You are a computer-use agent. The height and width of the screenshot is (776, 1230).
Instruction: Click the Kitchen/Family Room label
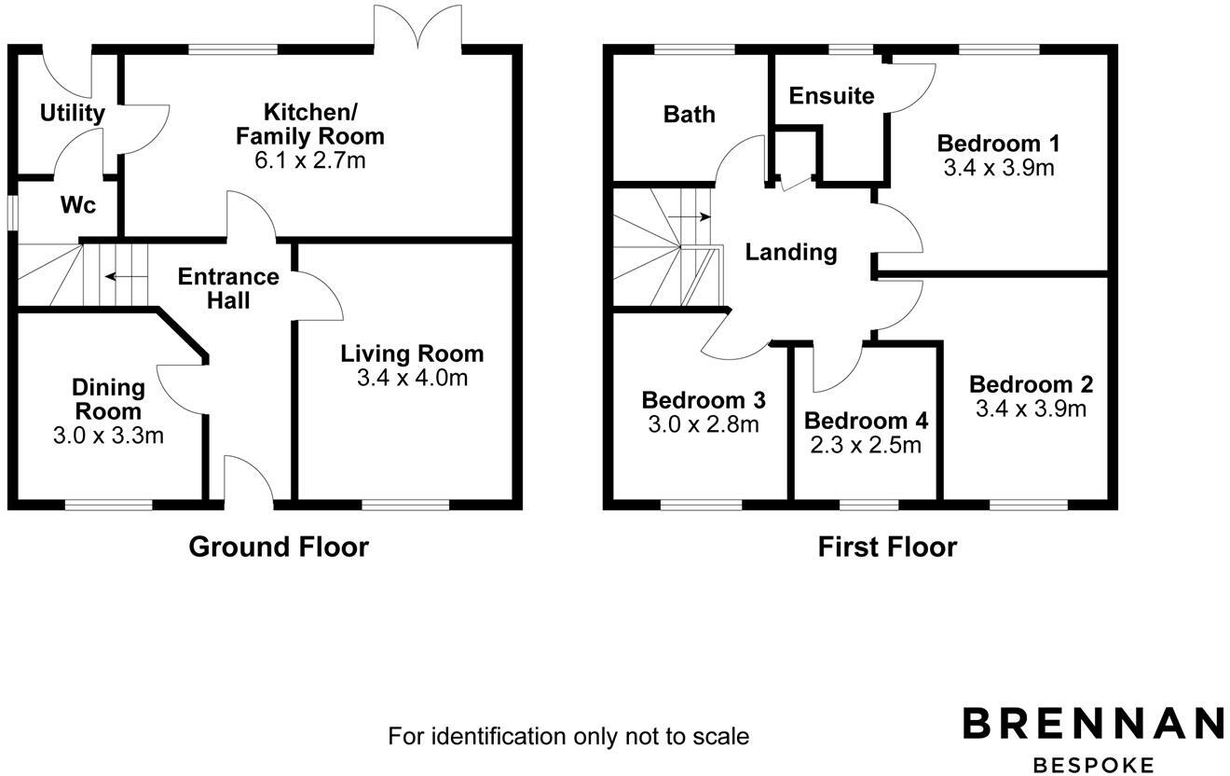[309, 124]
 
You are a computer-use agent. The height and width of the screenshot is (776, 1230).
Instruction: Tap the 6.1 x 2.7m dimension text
[309, 160]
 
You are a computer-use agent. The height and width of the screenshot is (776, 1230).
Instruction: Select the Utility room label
[72, 114]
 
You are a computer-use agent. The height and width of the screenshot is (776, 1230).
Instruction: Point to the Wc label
[78, 205]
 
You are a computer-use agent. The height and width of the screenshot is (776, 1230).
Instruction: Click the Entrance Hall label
[228, 288]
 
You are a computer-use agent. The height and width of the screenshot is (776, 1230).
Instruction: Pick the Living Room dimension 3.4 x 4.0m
[412, 378]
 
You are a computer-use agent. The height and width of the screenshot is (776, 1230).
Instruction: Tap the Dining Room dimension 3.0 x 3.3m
[109, 435]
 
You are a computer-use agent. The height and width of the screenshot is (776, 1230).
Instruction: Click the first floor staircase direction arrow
[690, 217]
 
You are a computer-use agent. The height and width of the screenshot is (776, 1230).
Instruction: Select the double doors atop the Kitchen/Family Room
[417, 28]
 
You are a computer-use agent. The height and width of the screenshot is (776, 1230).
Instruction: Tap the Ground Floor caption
[279, 547]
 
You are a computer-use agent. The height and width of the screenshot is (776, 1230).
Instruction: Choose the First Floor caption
[887, 547]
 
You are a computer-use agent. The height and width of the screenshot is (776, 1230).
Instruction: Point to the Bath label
[690, 114]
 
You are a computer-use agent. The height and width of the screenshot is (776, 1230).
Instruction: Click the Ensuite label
[831, 96]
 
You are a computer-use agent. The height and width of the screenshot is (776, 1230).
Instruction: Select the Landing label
[791, 252]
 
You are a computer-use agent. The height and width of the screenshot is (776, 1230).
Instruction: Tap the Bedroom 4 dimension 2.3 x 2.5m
[866, 445]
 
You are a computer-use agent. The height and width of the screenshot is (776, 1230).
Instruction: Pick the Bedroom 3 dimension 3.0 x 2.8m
[704, 424]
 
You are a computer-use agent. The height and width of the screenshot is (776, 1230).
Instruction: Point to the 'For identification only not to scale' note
[568, 736]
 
